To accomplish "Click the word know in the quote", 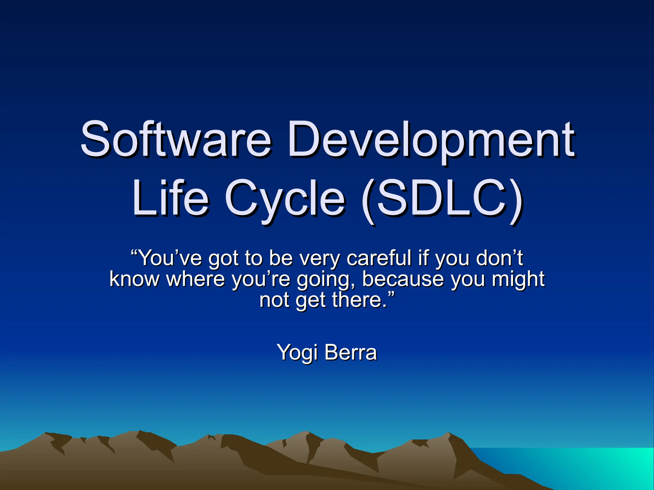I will coord(134,279).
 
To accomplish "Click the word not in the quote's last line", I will coord(275,300).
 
